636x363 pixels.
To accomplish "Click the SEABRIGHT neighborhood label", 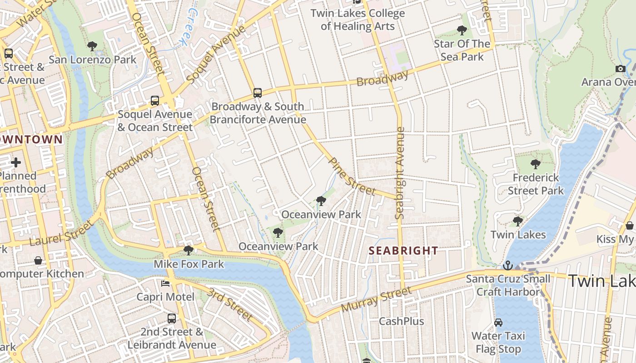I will (403, 250).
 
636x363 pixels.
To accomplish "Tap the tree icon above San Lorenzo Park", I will (92, 46).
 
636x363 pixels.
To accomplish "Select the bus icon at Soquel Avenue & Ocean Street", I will (155, 101).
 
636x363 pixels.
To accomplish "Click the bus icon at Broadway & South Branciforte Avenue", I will (258, 93).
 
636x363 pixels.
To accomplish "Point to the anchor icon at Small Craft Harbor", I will (508, 265).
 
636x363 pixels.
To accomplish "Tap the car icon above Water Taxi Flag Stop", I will (498, 323).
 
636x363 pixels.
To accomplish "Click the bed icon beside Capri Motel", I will (165, 284).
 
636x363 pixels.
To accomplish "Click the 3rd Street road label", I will (230, 304).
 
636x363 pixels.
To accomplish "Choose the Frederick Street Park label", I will (536, 184).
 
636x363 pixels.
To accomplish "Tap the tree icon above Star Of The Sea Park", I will (462, 30).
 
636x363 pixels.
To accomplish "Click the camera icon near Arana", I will (621, 69).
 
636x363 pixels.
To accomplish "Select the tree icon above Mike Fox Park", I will (189, 250).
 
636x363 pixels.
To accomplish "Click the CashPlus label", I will (402, 321).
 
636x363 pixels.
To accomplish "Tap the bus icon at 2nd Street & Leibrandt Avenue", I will (171, 318).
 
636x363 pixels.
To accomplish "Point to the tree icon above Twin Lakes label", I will (517, 221).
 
